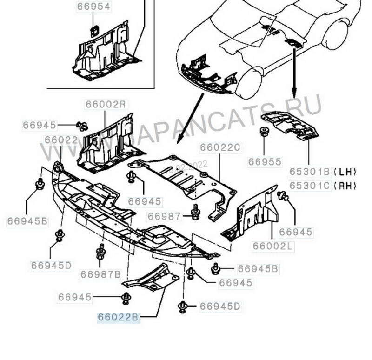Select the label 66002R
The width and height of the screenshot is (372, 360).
[x=106, y=104]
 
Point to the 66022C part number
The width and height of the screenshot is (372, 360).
[x=220, y=148]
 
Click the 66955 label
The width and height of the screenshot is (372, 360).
[x=265, y=162]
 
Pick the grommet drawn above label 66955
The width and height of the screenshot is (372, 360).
[x=264, y=131]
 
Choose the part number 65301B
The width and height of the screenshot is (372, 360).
[x=310, y=171]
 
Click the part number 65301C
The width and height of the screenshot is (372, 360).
[x=310, y=186]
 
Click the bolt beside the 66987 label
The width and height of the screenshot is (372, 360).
[x=195, y=213]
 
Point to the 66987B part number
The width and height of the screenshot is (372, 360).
[x=100, y=274]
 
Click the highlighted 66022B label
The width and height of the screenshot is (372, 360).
[x=118, y=318]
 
